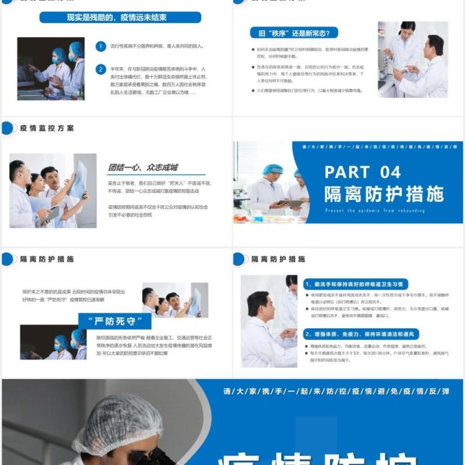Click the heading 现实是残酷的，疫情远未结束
(120, 18)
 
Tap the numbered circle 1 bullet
(101, 46)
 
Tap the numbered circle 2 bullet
(101, 70)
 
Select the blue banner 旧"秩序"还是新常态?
(294, 33)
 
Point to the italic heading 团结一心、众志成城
(142, 167)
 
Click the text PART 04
(362, 172)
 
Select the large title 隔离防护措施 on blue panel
(384, 194)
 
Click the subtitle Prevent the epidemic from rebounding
(375, 210)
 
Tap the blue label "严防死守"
(115, 321)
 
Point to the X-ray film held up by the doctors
(78, 180)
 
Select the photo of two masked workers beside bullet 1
(51, 69)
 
